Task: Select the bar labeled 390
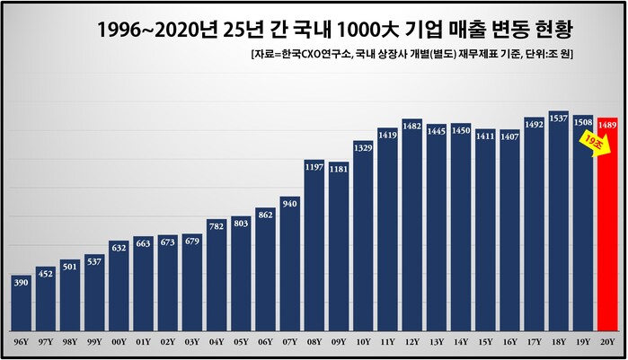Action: (x=22, y=305)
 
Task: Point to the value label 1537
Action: (x=558, y=119)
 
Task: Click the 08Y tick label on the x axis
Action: (x=314, y=342)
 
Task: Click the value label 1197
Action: (x=314, y=166)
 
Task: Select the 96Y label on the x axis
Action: (x=22, y=342)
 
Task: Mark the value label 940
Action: (x=290, y=204)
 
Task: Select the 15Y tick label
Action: (x=485, y=342)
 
